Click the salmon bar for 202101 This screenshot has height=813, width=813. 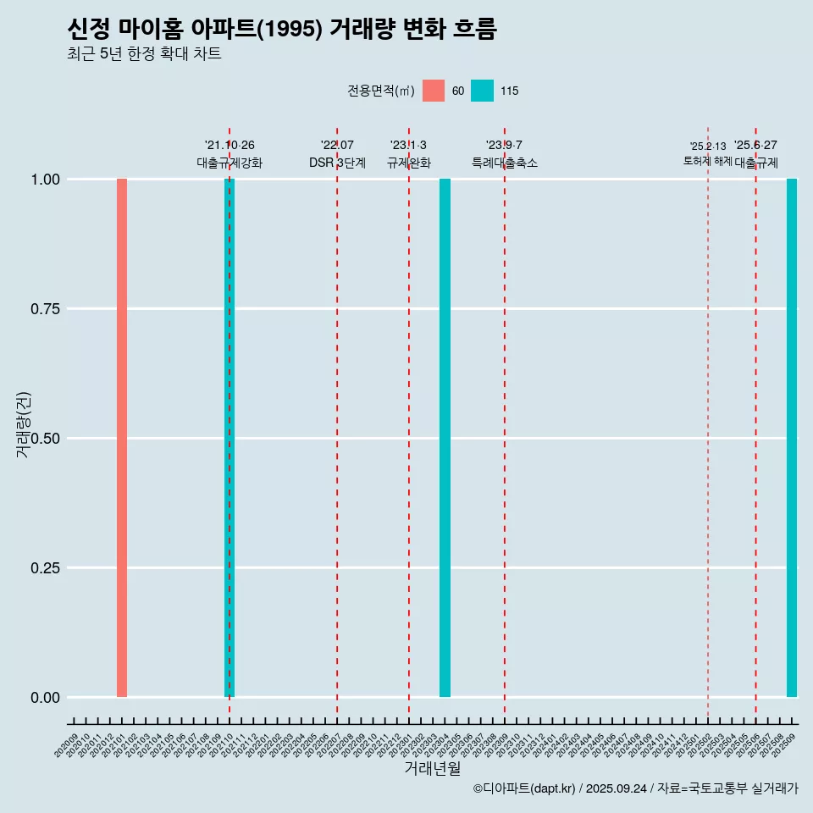(x=122, y=438)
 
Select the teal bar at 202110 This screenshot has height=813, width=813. (x=230, y=438)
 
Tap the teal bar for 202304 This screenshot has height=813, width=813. (x=445, y=438)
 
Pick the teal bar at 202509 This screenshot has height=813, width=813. (x=792, y=438)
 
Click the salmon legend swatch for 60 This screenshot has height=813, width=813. (x=434, y=91)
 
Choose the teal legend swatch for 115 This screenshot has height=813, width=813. (x=482, y=91)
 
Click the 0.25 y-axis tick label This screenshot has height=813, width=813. (x=43, y=568)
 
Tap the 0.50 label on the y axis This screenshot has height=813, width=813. (x=43, y=439)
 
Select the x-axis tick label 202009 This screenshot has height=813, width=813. (x=67, y=745)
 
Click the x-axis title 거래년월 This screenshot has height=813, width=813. (x=432, y=769)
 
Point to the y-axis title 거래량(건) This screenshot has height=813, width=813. (x=24, y=424)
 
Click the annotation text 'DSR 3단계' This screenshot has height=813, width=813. (x=337, y=163)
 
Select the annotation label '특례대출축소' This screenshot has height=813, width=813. (x=505, y=163)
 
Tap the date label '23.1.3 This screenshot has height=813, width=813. (x=408, y=146)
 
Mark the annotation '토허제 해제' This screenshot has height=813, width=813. (x=708, y=161)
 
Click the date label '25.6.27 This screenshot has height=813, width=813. (x=755, y=146)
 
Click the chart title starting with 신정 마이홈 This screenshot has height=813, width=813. (x=281, y=30)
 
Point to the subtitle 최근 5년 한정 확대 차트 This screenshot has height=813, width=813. (x=144, y=54)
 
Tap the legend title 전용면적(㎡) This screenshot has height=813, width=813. (x=380, y=91)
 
